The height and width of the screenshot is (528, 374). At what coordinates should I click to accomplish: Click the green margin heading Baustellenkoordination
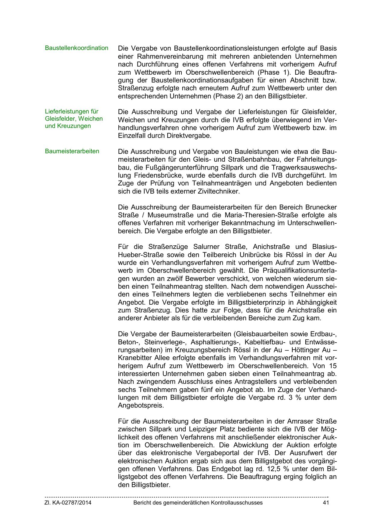click(x=76, y=48)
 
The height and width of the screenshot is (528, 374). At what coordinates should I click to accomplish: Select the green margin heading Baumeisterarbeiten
click(x=72, y=151)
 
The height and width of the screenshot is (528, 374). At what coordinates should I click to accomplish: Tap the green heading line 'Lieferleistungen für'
click(x=71, y=111)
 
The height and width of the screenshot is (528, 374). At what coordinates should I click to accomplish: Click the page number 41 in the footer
click(x=325, y=503)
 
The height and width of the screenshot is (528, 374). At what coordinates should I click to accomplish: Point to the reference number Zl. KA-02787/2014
click(x=68, y=503)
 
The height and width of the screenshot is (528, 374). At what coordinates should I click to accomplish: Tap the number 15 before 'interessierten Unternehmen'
click(x=333, y=366)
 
